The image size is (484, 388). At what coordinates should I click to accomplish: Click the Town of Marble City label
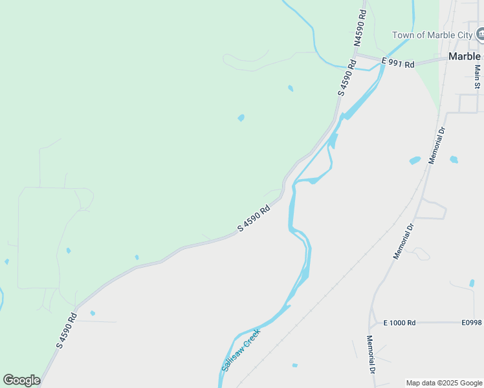coord(432,35)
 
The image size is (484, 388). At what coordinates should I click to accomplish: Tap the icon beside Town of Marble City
coord(480,33)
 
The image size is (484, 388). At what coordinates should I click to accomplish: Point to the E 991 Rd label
coord(398,63)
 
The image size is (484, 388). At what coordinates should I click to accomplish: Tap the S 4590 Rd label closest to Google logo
coord(67,331)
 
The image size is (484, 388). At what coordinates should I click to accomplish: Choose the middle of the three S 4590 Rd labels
coord(253,220)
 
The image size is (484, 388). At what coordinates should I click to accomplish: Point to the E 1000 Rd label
coord(399,322)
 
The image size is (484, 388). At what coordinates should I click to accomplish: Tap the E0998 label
coord(472,322)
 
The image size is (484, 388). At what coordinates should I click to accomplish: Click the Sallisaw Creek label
coord(240,350)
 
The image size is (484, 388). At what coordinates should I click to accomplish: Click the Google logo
coord(21,380)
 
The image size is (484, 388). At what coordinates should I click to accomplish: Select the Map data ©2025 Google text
coord(444,383)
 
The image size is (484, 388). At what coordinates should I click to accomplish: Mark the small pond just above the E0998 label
coord(472,283)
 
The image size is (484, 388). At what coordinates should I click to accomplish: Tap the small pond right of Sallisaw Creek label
coord(294,365)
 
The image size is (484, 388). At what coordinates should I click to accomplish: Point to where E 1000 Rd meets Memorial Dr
coord(373,322)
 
